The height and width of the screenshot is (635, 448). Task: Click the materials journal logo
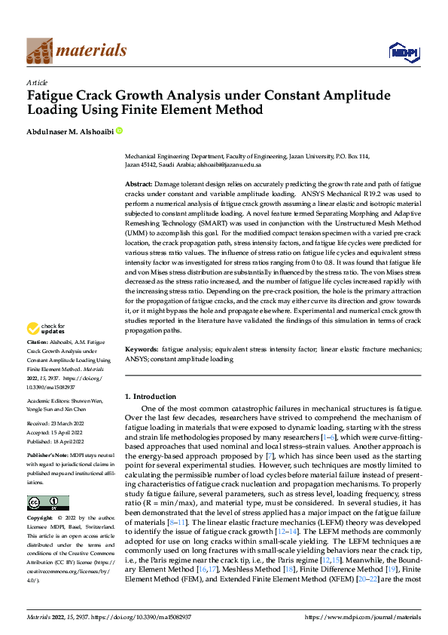pyautogui.click(x=76, y=51)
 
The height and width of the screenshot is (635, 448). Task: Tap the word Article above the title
pyautogui.click(x=37, y=81)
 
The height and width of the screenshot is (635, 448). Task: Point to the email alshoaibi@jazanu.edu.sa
pyautogui.click(x=229, y=164)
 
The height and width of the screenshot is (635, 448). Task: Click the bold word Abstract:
pyautogui.click(x=139, y=184)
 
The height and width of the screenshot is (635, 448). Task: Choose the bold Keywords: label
pyautogui.click(x=142, y=350)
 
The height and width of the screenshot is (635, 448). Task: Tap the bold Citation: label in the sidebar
pyautogui.click(x=40, y=342)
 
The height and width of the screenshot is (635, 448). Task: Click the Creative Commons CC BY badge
pyautogui.click(x=47, y=503)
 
